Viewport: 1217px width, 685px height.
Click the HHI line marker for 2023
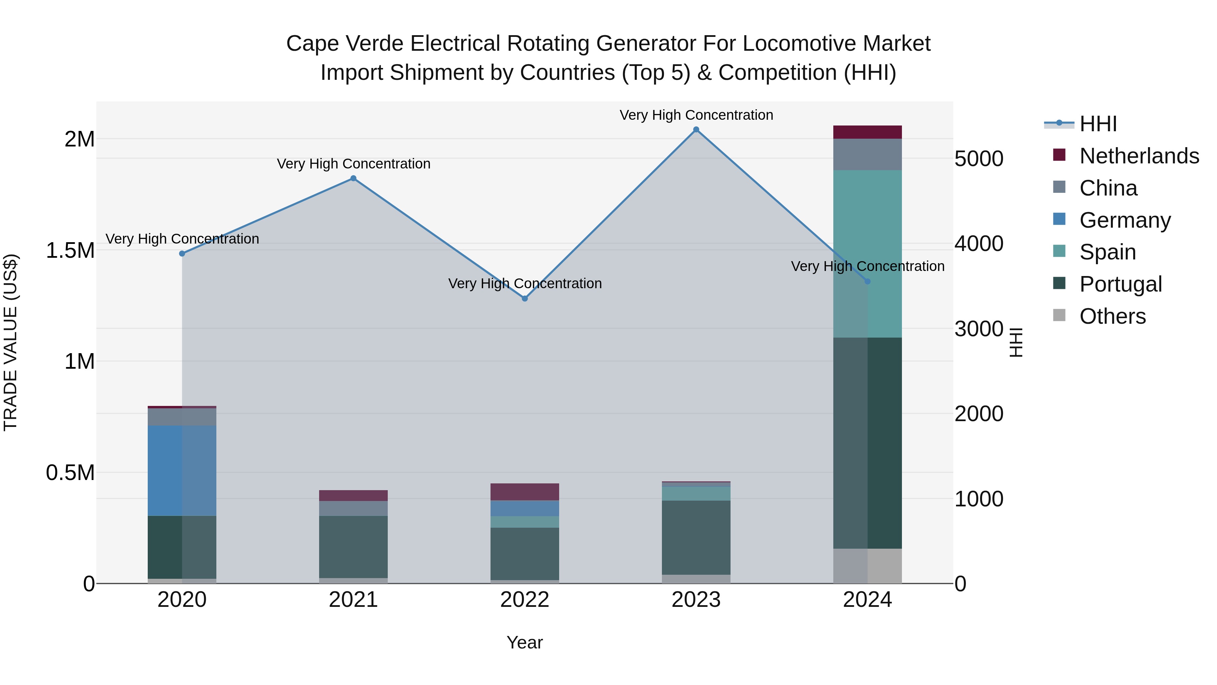[696, 130]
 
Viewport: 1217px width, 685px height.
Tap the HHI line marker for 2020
[182, 254]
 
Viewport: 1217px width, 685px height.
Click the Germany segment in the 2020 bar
[182, 471]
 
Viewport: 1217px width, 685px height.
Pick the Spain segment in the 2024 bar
[867, 254]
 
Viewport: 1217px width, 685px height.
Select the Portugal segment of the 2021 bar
[353, 547]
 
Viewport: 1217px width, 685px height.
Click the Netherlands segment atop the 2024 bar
[867, 132]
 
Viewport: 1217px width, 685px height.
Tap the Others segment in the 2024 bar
[867, 566]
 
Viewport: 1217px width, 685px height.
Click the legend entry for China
[1108, 188]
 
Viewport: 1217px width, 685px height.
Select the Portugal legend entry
[1120, 284]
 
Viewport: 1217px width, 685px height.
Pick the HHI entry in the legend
[1098, 124]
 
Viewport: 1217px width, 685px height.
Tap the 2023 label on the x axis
[696, 600]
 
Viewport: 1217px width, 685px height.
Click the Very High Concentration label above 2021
[353, 164]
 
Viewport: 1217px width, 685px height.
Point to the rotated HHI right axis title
[1016, 342]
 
